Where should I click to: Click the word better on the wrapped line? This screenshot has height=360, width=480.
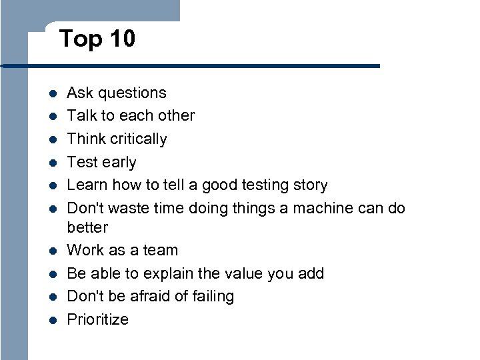coord(87,227)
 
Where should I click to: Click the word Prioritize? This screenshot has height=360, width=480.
coord(98,319)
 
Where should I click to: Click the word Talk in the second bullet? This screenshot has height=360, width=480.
coord(82,115)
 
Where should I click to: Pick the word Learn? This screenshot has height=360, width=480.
coord(87,185)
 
